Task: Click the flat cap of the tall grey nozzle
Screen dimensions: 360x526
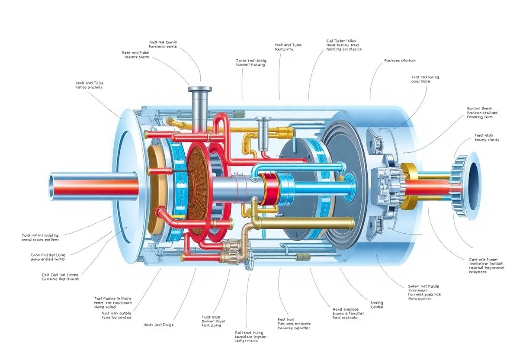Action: pyautogui.click(x=199, y=89)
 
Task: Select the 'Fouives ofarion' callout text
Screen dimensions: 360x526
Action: pyautogui.click(x=399, y=61)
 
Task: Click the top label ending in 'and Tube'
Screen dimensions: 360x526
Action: pyautogui.click(x=288, y=47)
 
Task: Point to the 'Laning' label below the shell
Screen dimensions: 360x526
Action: pyautogui.click(x=376, y=305)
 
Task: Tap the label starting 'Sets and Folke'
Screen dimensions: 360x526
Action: pyautogui.click(x=135, y=55)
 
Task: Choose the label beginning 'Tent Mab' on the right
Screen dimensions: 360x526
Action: pyautogui.click(x=484, y=138)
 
